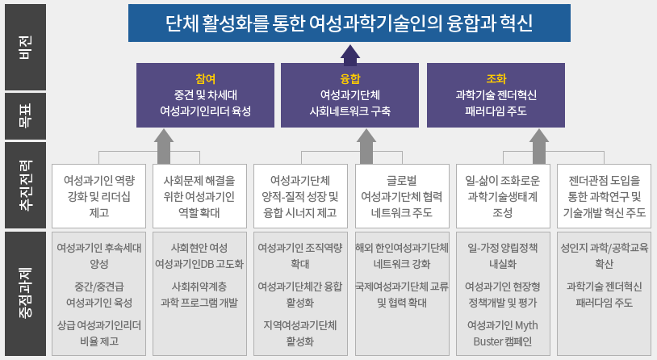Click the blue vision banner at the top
349,23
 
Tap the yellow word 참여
205,79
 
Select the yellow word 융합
349,79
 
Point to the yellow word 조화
496,79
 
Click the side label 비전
25,47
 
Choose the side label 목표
25,115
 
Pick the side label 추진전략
25,185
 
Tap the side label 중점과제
25,293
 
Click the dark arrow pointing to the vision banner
350,56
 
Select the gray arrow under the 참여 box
164,146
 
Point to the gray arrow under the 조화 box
539,146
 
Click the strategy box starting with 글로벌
402,196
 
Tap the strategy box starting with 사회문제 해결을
199,196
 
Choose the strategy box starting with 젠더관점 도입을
605,196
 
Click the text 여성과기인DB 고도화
199,264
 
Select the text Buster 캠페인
502,341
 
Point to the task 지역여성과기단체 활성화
300,333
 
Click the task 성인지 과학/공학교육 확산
605,256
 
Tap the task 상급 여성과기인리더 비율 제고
99,333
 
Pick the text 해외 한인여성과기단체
402,248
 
